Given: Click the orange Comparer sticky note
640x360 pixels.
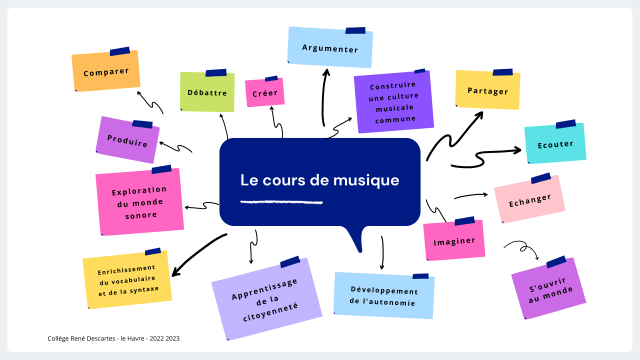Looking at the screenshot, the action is click(106, 72).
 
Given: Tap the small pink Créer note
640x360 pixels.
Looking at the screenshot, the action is click(265, 92).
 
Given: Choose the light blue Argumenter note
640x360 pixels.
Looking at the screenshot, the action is click(330, 48).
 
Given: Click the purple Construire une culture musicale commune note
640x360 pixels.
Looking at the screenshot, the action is click(393, 101).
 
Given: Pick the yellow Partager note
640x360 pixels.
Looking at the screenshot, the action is click(487, 90).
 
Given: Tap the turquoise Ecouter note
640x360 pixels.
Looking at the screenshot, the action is click(555, 144).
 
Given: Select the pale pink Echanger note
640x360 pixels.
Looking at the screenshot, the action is click(529, 199).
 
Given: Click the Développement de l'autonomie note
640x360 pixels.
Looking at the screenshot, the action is click(384, 295).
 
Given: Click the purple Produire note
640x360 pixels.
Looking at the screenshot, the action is click(128, 141).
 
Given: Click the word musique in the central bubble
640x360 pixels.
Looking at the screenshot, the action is click(366, 181).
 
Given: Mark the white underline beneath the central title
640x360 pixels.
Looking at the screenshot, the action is click(282, 202).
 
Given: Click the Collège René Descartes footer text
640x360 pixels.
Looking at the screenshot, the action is click(114, 338).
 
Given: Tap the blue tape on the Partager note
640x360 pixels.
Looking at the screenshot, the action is click(502, 72).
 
